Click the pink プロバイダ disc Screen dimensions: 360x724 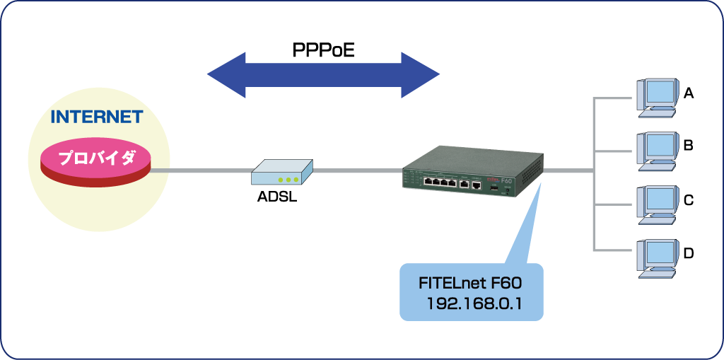click(96, 161)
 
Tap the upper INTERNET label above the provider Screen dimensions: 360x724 click(97, 117)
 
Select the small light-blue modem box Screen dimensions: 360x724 click(282, 172)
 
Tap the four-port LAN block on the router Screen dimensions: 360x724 click(440, 183)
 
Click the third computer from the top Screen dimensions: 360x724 click(658, 204)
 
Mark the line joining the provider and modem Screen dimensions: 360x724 click(202, 170)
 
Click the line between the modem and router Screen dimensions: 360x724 click(357, 170)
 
